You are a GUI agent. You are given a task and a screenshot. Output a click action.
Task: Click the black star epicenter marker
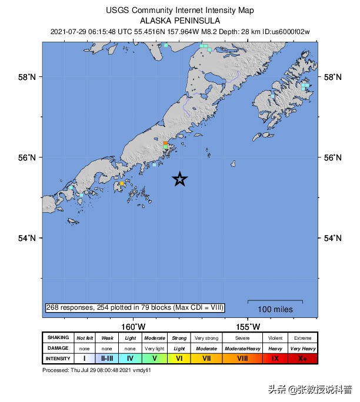(180, 180)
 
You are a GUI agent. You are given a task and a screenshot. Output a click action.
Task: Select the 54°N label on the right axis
(334, 238)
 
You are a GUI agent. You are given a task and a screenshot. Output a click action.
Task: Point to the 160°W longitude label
(134, 327)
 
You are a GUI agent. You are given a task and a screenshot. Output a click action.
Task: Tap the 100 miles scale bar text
(275, 309)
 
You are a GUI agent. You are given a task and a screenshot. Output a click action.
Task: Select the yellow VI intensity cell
(179, 358)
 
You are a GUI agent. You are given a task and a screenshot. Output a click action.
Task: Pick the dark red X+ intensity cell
(302, 358)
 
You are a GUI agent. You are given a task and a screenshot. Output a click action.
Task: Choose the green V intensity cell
(154, 358)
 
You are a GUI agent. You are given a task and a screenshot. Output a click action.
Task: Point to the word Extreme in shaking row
(302, 338)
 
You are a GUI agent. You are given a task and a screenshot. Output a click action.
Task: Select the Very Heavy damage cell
(302, 348)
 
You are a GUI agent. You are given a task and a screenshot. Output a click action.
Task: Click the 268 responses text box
(135, 307)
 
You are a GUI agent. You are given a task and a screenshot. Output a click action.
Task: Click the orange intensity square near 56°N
(165, 143)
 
